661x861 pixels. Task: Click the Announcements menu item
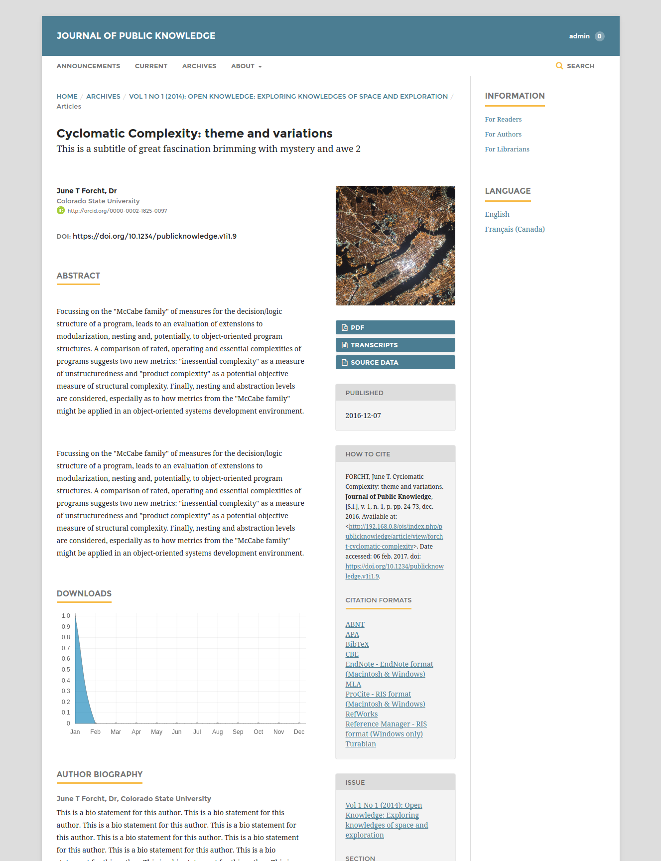(88, 66)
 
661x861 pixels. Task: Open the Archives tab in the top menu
(199, 66)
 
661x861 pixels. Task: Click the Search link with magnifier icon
(575, 66)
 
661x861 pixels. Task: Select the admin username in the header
(579, 36)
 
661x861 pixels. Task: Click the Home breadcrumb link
(67, 96)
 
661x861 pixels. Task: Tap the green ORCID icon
(61, 210)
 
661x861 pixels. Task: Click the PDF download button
(395, 327)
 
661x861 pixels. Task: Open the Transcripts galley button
(395, 345)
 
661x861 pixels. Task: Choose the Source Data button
(395, 362)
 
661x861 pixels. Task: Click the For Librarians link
(507, 149)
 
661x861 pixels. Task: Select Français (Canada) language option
(515, 229)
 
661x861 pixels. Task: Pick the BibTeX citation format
(357, 644)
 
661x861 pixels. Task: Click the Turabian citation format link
(361, 744)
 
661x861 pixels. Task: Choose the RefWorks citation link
(362, 714)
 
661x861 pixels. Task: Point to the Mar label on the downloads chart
(116, 732)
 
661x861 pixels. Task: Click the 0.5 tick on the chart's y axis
(66, 670)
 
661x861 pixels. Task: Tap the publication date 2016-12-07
(363, 416)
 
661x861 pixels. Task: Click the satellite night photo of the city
(395, 246)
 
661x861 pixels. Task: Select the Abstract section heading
(78, 276)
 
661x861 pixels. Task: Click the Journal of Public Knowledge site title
(136, 36)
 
